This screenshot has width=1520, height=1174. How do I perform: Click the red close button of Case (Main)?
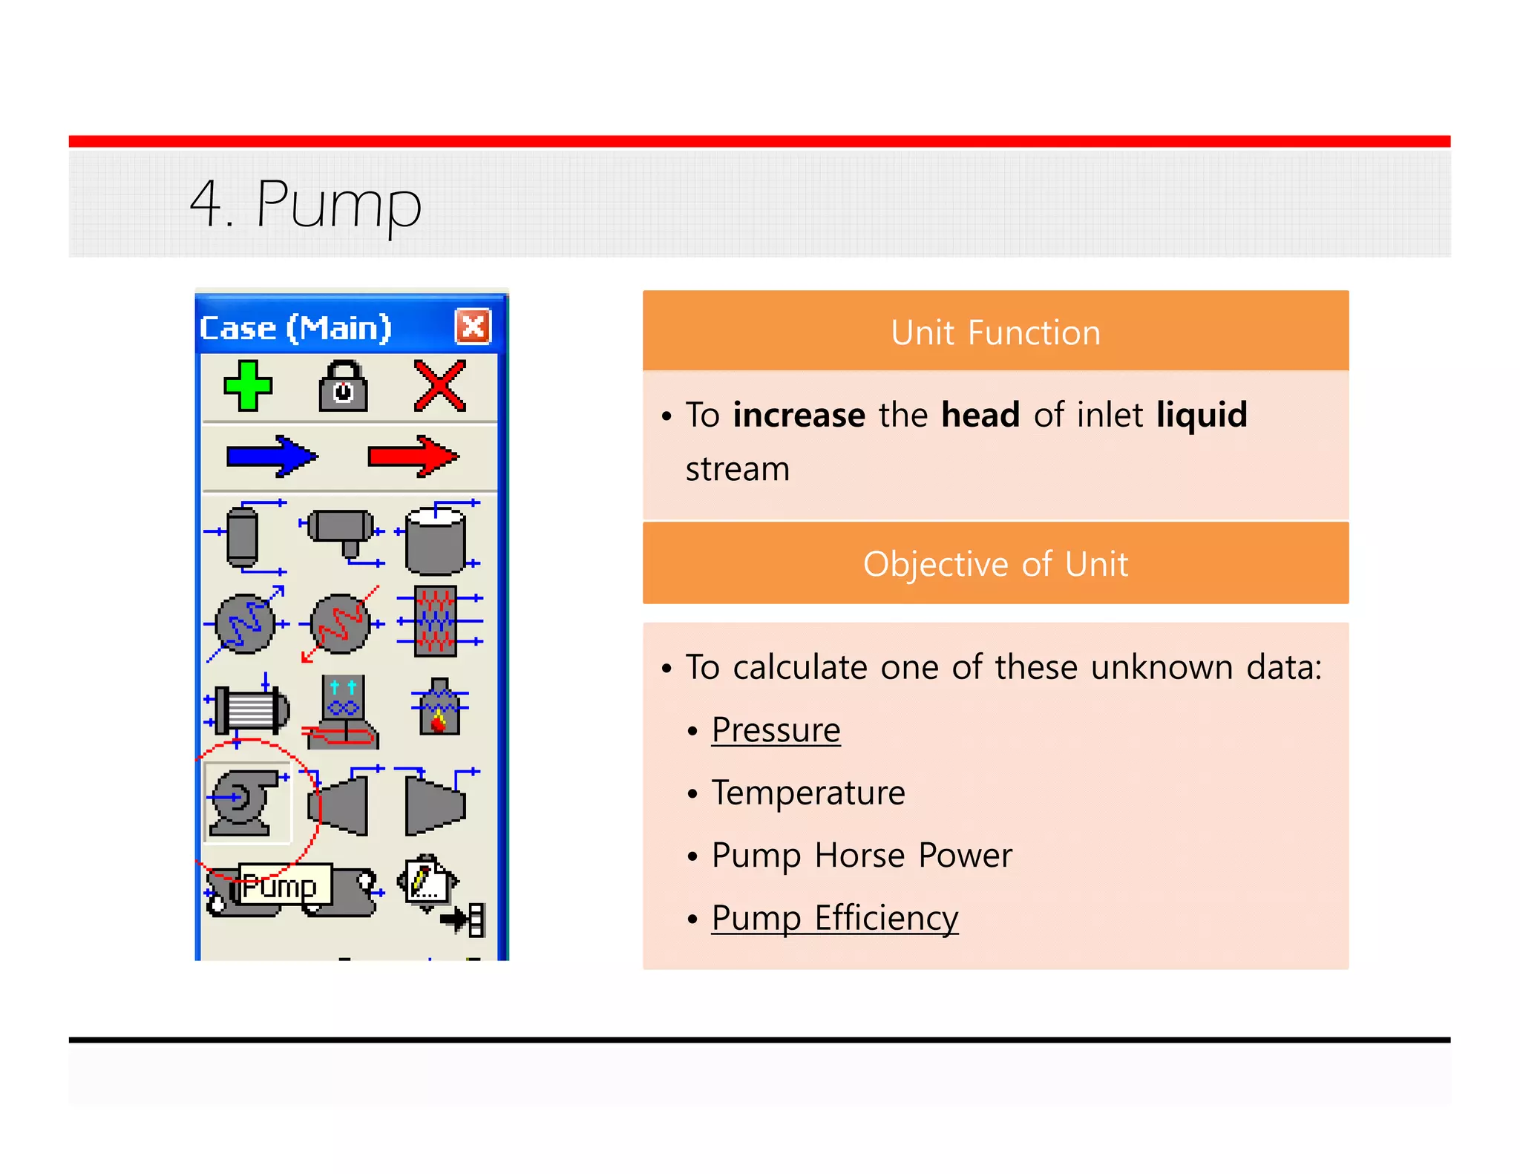[473, 327]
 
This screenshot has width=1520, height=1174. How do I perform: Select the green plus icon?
[248, 386]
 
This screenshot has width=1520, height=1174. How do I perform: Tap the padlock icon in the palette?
[343, 387]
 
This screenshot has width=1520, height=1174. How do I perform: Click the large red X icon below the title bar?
[440, 386]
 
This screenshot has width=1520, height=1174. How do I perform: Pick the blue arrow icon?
[272, 456]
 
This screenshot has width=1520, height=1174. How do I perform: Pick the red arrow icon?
[413, 456]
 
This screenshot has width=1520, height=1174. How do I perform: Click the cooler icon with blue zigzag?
[245, 624]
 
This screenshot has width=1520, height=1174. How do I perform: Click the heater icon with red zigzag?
[341, 624]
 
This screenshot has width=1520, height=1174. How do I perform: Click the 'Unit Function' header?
[995, 332]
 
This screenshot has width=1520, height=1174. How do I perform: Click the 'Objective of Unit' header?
[995, 564]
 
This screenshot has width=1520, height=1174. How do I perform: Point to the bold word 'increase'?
[799, 415]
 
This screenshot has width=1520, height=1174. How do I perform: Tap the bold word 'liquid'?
[1202, 415]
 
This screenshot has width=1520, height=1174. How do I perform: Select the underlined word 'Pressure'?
[776, 730]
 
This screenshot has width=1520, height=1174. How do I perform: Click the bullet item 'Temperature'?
[807, 793]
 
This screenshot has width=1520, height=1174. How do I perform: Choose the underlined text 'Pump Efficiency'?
[834, 918]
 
